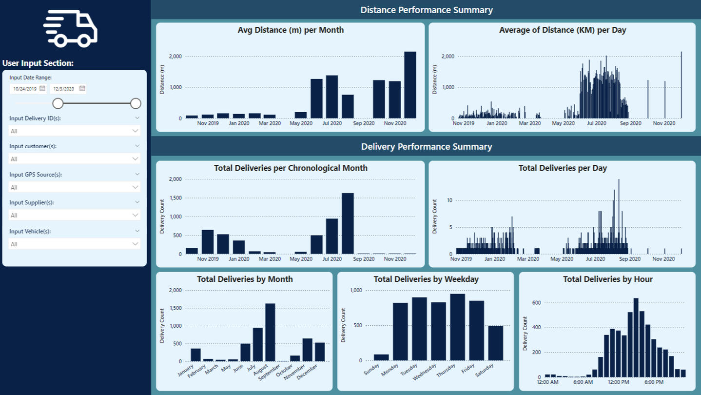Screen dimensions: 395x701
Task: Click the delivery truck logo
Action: [x=71, y=29]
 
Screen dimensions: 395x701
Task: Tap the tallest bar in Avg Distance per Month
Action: [x=410, y=85]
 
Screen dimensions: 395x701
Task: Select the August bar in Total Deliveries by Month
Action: [x=270, y=332]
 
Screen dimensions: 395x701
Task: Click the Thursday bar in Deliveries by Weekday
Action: [x=457, y=327]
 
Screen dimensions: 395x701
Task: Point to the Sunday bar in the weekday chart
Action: [x=381, y=357]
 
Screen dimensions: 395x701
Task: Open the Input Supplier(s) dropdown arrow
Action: [x=135, y=215]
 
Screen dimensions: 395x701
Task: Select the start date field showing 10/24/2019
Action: [x=24, y=89]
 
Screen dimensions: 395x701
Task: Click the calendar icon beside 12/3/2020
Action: [x=82, y=88]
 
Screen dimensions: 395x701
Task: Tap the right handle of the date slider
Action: [x=136, y=103]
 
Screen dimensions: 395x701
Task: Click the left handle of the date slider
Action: [x=58, y=103]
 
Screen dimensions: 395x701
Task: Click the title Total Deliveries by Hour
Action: [x=607, y=279]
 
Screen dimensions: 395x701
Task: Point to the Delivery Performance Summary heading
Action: [x=427, y=147]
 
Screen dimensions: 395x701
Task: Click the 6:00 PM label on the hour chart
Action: [x=653, y=382]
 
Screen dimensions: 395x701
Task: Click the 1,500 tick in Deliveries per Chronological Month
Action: [x=175, y=198]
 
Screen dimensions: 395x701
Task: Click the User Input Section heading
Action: [x=38, y=63]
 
